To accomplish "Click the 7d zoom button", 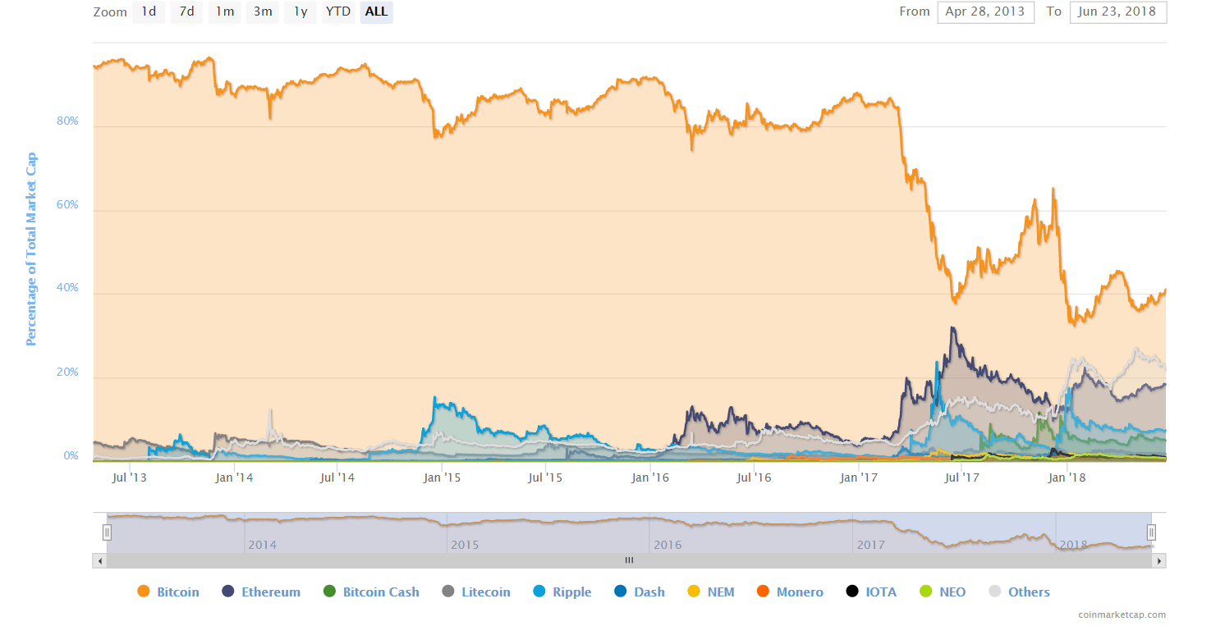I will point(186,11).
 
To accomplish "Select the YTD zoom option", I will point(337,11).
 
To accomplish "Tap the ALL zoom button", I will point(376,11).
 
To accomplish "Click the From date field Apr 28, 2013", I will point(985,11).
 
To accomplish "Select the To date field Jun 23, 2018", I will point(1117,11).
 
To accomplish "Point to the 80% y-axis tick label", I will point(67,121).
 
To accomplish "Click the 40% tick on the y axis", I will point(67,288).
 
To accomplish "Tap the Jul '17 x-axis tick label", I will point(961,477).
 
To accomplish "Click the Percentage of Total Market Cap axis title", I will point(31,249).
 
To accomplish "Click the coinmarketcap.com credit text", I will point(1122,615).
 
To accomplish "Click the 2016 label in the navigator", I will point(668,545).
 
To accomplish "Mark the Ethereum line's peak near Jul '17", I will point(952,327).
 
